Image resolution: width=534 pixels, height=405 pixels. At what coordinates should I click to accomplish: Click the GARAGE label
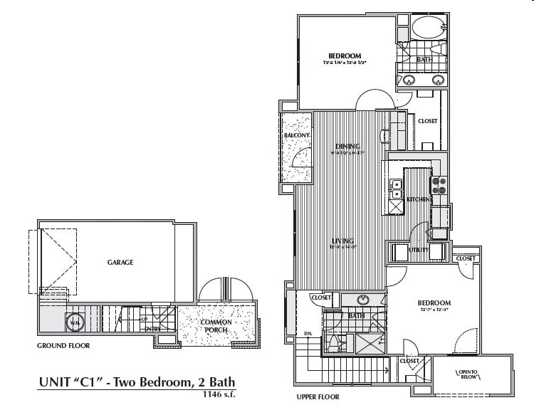pos(120,262)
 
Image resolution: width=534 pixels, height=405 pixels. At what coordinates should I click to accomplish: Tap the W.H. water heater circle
pos(75,322)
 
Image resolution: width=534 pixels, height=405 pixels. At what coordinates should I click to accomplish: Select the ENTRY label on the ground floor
pos(152,329)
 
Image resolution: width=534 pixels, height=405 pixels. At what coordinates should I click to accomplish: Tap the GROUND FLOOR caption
pos(63,346)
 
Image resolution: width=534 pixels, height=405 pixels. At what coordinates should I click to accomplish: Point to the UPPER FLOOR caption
pos(318,396)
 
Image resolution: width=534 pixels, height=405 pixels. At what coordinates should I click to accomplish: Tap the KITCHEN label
pos(418,200)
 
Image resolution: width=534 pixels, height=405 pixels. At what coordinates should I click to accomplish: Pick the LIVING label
pos(342,241)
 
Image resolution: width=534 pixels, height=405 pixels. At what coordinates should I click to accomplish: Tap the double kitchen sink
pos(397,189)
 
